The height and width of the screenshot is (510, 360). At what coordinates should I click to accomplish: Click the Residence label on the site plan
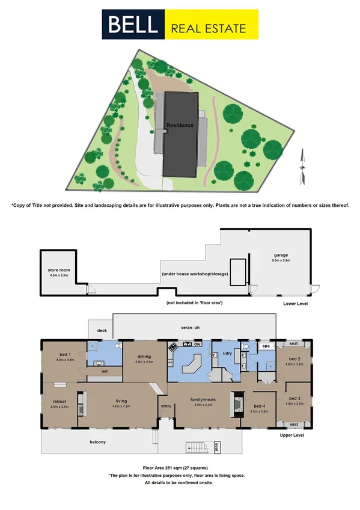tap(180, 125)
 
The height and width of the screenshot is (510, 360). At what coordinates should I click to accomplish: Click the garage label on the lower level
tap(281, 256)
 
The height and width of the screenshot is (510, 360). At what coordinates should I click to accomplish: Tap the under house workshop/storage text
tap(194, 274)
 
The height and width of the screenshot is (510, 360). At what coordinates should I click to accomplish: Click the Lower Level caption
tap(297, 304)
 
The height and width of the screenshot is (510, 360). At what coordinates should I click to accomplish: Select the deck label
tap(102, 330)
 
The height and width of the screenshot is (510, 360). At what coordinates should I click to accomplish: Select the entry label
tap(165, 405)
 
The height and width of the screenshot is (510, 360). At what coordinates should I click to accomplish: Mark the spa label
tap(264, 346)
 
